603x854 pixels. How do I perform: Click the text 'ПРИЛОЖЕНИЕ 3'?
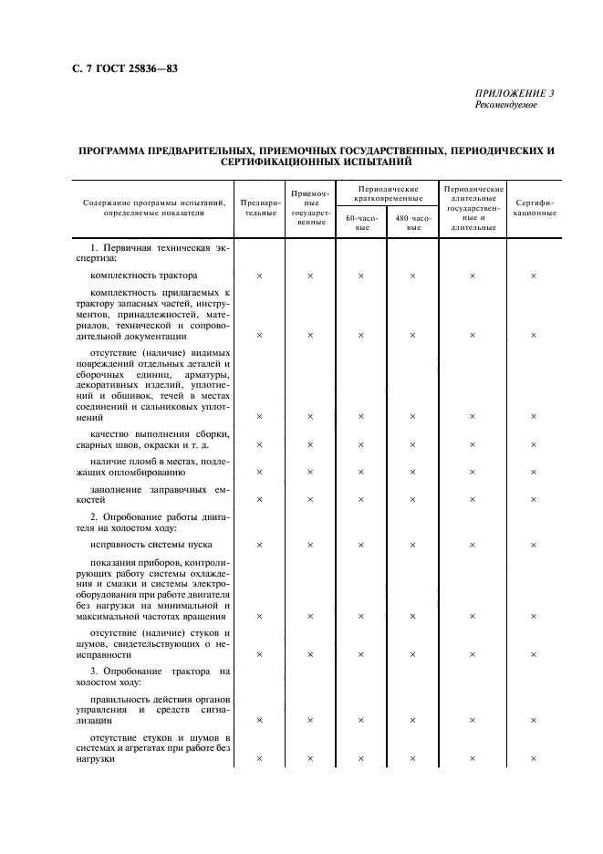[x=515, y=94]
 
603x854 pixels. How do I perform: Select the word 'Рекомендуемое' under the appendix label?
[x=506, y=105]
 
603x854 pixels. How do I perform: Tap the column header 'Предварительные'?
[x=259, y=207]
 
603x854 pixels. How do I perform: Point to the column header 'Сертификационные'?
[x=534, y=207]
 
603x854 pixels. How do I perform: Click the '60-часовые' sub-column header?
[x=362, y=224]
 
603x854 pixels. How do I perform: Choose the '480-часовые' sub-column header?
[x=413, y=224]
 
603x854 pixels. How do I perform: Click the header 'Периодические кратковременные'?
[x=388, y=193]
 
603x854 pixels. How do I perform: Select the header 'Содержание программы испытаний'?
[x=153, y=203]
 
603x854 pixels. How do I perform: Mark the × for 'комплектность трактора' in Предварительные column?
[x=259, y=276]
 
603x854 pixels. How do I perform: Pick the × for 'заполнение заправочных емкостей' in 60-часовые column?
[x=362, y=500]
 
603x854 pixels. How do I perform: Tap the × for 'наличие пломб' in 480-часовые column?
[x=413, y=473]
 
